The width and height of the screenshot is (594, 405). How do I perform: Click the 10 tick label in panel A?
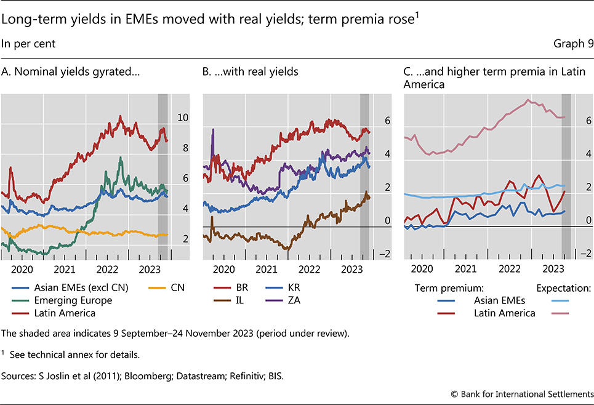pos(183,118)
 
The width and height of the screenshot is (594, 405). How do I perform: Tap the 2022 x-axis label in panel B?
pos(309,268)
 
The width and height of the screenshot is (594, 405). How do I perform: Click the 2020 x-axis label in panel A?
pos(22,268)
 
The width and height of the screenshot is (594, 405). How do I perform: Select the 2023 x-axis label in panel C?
pos(554,268)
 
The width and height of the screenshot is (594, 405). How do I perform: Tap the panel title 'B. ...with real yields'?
pos(250,72)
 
